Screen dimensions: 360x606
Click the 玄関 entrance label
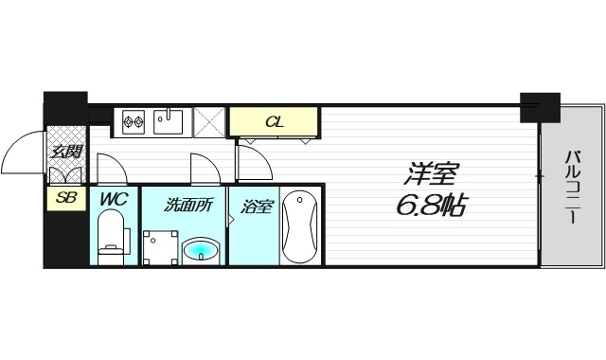66,152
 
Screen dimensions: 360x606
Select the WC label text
115,200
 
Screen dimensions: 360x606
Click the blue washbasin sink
201,251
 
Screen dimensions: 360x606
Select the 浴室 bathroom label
256,205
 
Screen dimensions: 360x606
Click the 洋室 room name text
433,174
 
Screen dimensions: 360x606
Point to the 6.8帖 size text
431,205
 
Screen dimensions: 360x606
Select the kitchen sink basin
169,120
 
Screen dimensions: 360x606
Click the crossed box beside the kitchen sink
207,122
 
